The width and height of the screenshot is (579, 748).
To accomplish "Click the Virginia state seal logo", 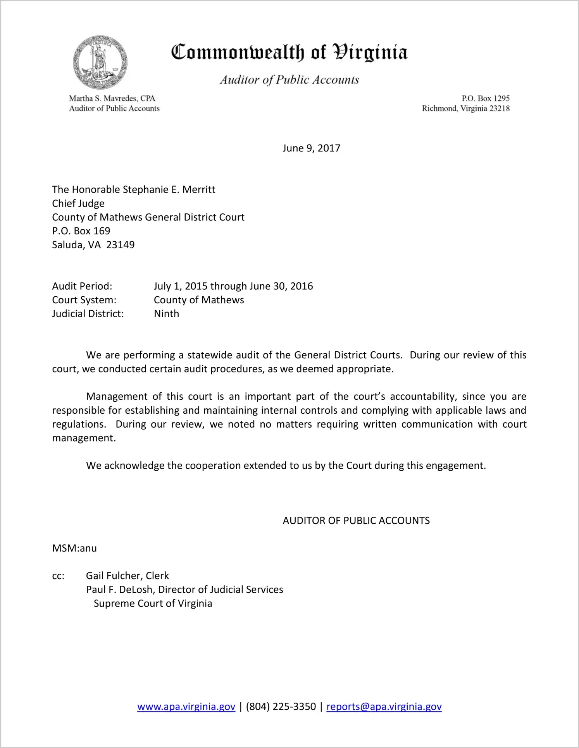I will click(100, 62).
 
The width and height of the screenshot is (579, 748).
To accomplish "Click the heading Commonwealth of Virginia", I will click(289, 53).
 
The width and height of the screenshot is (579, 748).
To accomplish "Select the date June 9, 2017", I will click(311, 148).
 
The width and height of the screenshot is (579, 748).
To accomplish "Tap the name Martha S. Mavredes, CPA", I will click(112, 98).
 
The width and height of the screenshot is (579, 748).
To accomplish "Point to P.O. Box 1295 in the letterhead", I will click(485, 98).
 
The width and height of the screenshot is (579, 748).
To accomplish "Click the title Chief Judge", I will click(78, 203).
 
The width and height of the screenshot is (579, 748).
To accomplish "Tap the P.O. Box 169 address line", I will click(81, 231).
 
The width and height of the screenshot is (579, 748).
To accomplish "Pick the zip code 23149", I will click(121, 245).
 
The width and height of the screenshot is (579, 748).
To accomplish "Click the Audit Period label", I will click(82, 286).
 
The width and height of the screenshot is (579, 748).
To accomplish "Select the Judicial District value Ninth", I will click(167, 314).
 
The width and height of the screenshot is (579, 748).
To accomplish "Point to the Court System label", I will click(84, 300).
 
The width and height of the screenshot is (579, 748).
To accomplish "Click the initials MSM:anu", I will click(74, 548).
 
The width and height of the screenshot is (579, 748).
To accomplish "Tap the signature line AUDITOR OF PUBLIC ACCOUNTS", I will click(356, 521).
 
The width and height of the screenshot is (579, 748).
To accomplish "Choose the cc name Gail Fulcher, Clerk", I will click(128, 576).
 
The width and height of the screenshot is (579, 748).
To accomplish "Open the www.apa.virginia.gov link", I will click(186, 707).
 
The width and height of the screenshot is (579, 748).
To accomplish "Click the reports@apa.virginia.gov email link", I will click(384, 707).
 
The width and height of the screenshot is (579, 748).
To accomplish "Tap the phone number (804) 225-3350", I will click(281, 707).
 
